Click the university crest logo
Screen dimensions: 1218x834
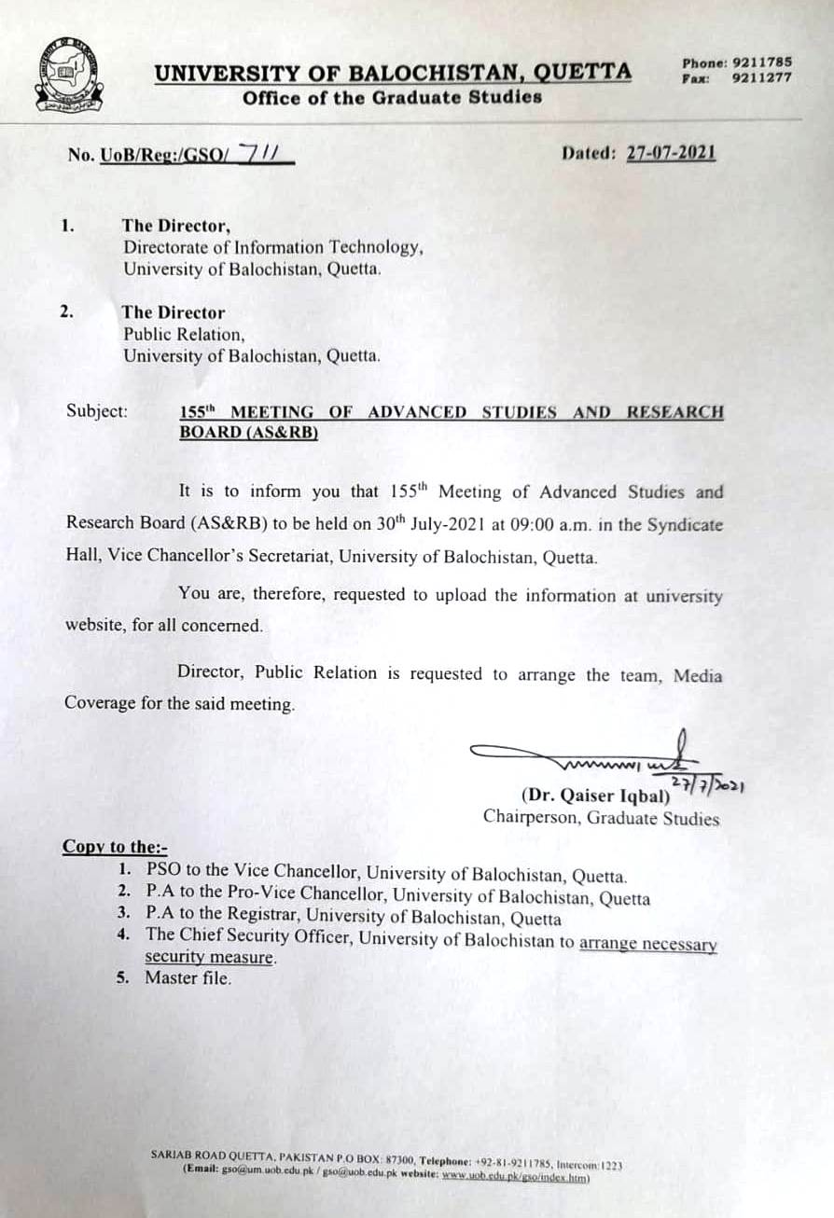71,75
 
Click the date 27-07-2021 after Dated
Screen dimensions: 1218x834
671,153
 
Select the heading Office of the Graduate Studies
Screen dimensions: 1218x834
392,97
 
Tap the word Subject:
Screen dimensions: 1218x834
97,410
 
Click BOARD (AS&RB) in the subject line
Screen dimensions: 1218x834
248,432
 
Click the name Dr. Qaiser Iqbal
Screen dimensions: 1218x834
595,796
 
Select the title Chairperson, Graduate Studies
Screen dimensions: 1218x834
601,818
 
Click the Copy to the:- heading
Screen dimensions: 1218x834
115,847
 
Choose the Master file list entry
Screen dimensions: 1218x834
188,977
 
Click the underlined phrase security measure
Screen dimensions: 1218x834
209,958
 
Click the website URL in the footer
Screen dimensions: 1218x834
514,1177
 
